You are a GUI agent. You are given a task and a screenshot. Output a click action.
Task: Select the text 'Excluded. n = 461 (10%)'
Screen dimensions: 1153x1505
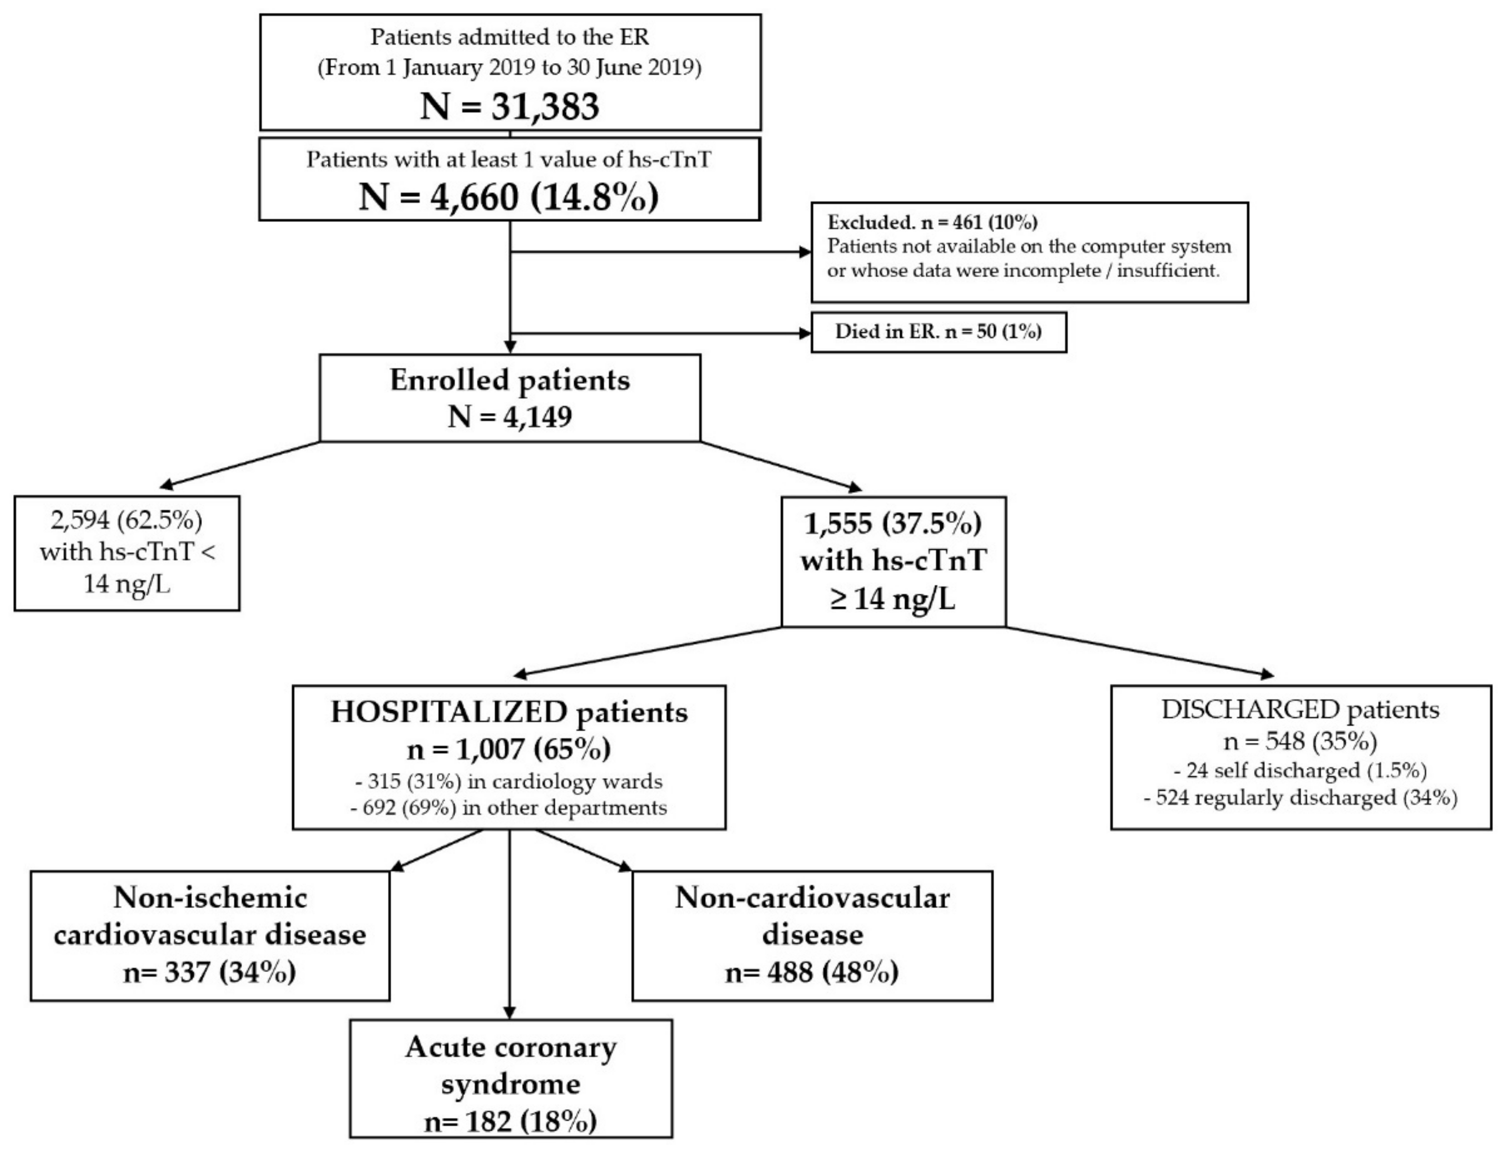coord(932,222)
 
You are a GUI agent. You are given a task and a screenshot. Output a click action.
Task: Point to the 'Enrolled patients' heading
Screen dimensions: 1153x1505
coord(509,379)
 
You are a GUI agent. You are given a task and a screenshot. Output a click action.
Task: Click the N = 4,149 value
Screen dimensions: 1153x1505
coord(509,416)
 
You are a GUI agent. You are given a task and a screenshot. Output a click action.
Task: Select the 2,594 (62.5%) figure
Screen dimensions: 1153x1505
coord(127,521)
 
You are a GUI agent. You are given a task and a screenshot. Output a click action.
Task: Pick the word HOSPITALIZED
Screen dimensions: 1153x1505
coord(449,712)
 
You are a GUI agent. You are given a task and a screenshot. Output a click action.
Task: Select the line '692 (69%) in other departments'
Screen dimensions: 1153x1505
coord(508,807)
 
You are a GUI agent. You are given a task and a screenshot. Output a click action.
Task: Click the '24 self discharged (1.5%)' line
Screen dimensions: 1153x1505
coord(1301,771)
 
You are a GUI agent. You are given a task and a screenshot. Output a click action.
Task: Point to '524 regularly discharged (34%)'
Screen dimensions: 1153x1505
coord(1301,798)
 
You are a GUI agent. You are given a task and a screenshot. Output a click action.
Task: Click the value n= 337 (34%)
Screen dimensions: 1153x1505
coord(209,972)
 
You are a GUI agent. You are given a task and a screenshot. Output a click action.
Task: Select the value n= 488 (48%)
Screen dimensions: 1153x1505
coord(811,972)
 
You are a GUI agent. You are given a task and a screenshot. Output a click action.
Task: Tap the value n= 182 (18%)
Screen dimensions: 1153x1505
coord(510,1121)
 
